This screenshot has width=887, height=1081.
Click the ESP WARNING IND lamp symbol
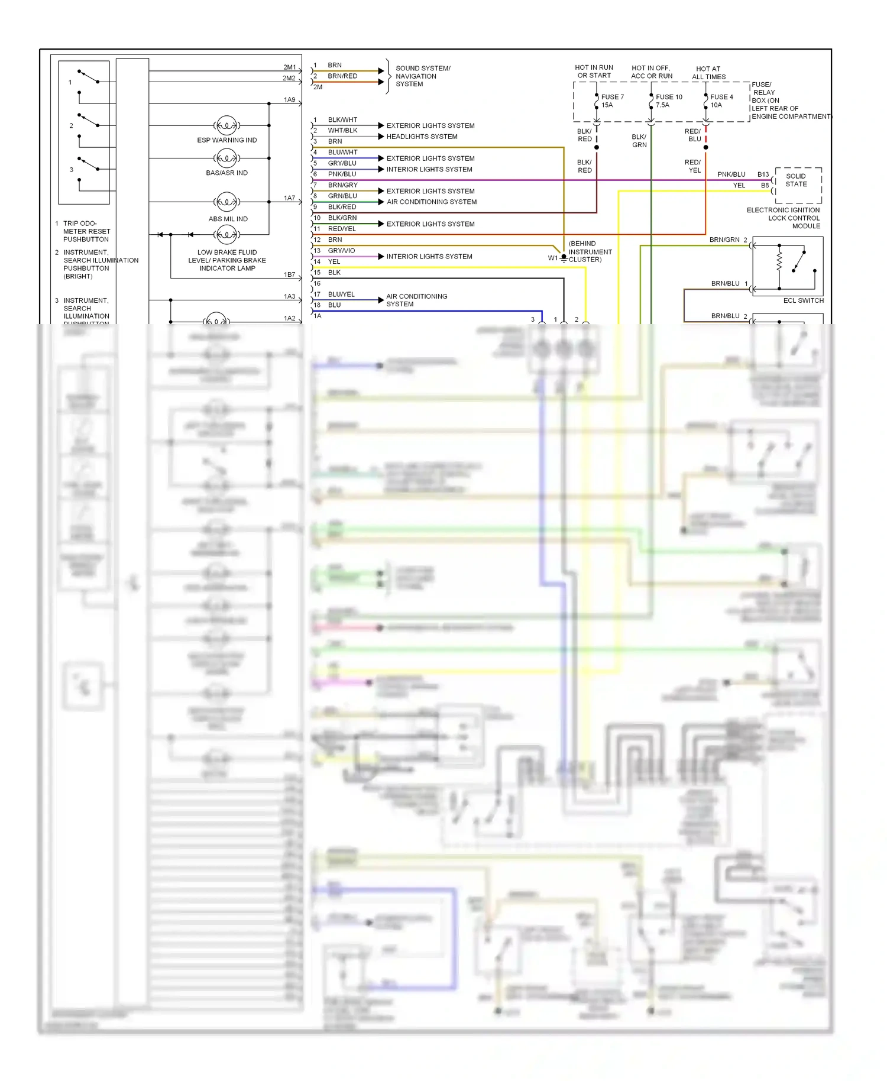pyautogui.click(x=226, y=125)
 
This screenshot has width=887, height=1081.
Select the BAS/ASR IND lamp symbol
pyautogui.click(x=226, y=158)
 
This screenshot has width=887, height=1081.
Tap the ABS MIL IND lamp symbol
pyautogui.click(x=226, y=202)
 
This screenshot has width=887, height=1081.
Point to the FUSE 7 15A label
pyautogui.click(x=612, y=101)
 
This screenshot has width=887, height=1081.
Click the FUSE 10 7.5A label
pyautogui.click(x=668, y=101)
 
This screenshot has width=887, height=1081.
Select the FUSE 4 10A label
pyautogui.click(x=721, y=101)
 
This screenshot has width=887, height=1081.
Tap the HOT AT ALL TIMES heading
pyautogui.click(x=708, y=73)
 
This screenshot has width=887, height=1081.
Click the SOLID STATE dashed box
pyautogui.click(x=798, y=185)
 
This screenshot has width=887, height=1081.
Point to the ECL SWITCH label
pyautogui.click(x=803, y=300)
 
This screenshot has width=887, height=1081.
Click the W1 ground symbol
pyautogui.click(x=564, y=258)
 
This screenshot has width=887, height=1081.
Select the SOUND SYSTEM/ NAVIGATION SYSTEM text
pyautogui.click(x=422, y=76)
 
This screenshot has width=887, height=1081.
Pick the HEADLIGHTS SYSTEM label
pyautogui.click(x=422, y=137)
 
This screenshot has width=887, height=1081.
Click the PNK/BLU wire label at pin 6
pyautogui.click(x=342, y=174)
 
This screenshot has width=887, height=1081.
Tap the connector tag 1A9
pyautogui.click(x=289, y=100)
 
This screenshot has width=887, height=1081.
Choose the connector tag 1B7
pyautogui.click(x=289, y=274)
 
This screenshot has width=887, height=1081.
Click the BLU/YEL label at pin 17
pyautogui.click(x=341, y=294)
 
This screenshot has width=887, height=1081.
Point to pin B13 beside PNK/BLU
pyautogui.click(x=763, y=174)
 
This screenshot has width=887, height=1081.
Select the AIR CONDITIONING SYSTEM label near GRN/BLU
pyautogui.click(x=432, y=202)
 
